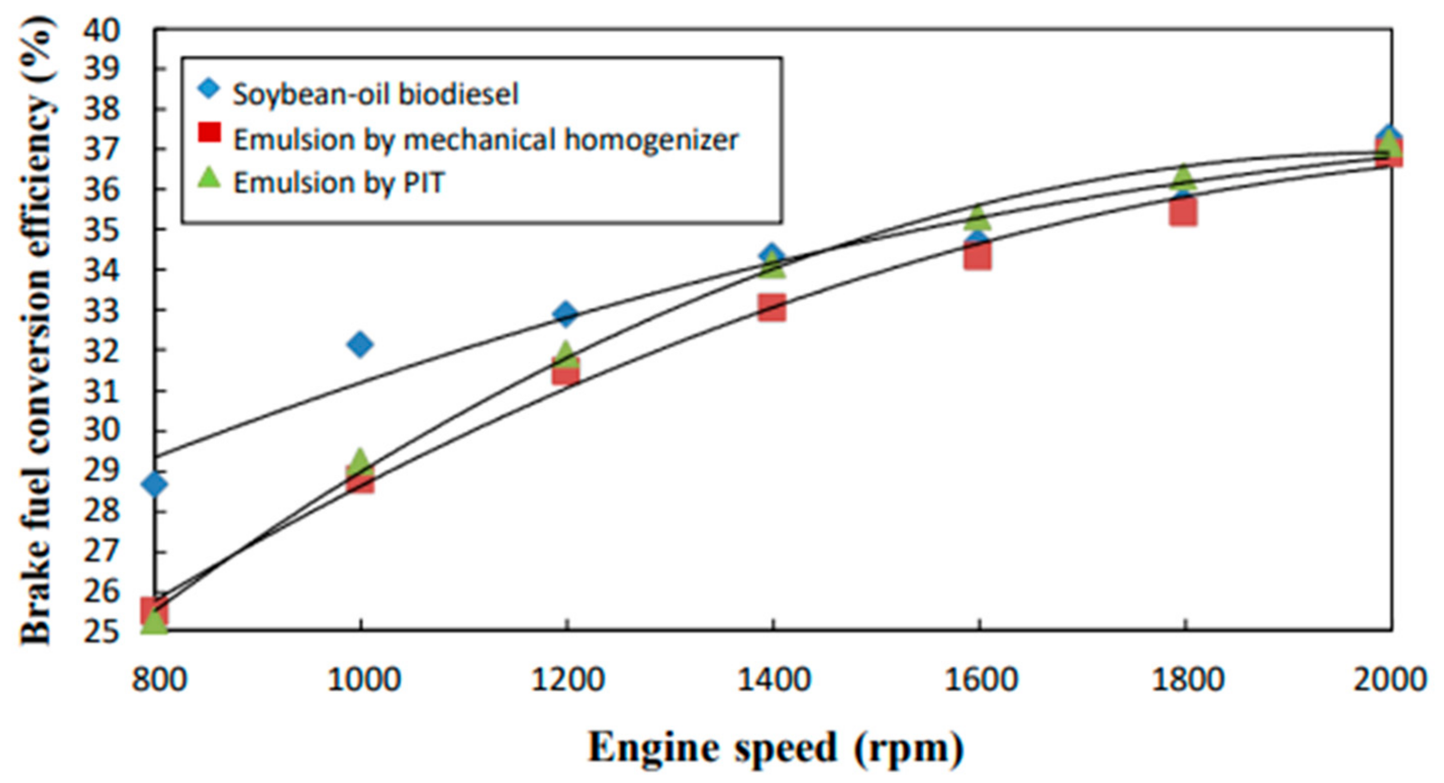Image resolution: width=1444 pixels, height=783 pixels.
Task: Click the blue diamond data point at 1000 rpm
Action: pyautogui.click(x=360, y=344)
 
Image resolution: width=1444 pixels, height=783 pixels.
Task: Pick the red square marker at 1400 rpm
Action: pyautogui.click(x=772, y=308)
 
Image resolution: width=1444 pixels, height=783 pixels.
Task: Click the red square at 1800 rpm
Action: pyautogui.click(x=1183, y=212)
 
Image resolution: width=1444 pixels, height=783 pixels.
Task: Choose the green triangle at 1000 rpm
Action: pyautogui.click(x=360, y=461)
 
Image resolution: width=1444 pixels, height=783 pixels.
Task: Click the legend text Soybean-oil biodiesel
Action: pyautogui.click(x=375, y=94)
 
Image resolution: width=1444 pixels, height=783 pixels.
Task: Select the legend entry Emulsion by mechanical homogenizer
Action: pyautogui.click(x=486, y=139)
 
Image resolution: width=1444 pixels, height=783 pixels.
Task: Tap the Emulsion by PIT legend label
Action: pyautogui.click(x=339, y=183)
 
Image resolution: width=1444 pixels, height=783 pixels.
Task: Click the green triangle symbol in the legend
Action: pyautogui.click(x=210, y=178)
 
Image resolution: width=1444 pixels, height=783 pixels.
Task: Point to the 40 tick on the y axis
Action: pyautogui.click(x=102, y=29)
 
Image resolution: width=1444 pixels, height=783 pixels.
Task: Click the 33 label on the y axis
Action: pyautogui.click(x=102, y=310)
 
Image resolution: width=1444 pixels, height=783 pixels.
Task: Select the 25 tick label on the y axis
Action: pyautogui.click(x=102, y=630)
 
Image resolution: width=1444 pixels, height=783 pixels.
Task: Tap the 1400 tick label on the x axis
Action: pyautogui.click(x=773, y=680)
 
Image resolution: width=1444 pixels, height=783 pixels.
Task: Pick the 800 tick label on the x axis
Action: pyautogui.click(x=159, y=680)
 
